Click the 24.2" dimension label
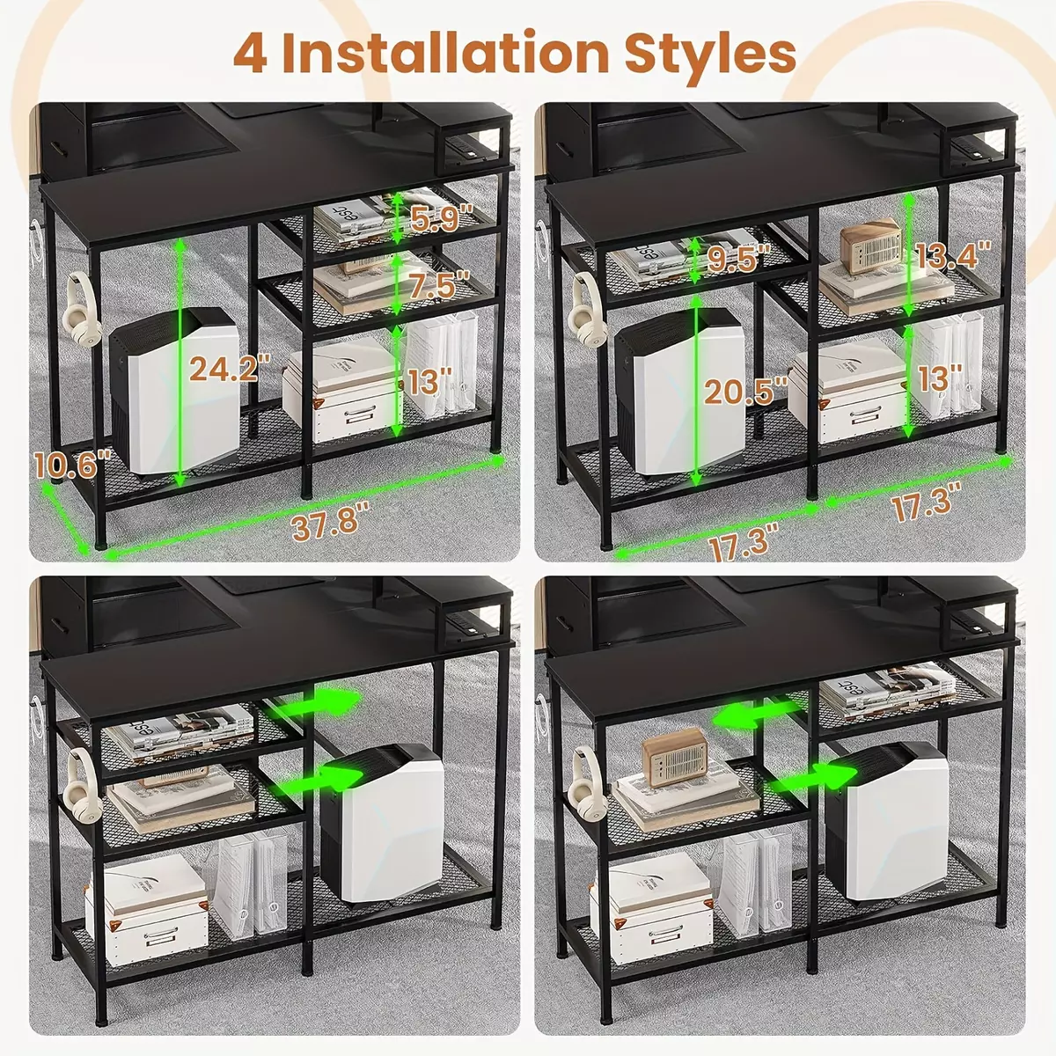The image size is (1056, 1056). (x=230, y=367)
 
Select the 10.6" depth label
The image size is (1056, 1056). (x=72, y=464)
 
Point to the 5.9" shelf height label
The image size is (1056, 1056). (x=442, y=217)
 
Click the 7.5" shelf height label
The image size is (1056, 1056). (x=439, y=285)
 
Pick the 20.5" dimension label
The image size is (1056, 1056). (x=746, y=392)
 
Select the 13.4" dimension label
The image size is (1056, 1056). (x=954, y=255)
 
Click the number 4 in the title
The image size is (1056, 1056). (x=251, y=55)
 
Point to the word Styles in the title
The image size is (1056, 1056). (x=710, y=56)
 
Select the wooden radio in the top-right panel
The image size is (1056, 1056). (x=871, y=246)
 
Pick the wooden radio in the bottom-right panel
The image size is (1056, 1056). (x=675, y=757)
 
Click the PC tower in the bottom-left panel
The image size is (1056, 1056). (x=382, y=822)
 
